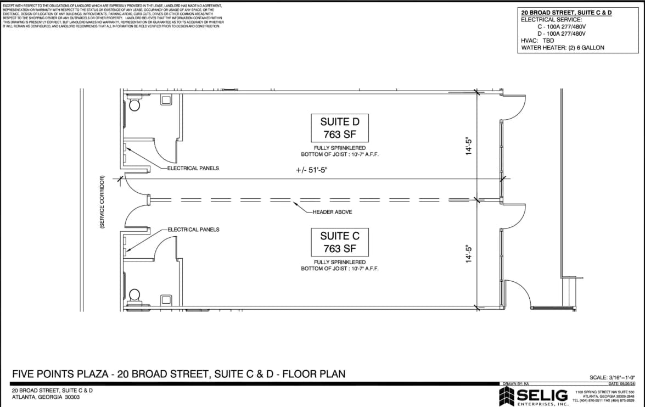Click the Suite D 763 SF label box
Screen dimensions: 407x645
(340, 128)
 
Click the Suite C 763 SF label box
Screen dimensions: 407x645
(340, 242)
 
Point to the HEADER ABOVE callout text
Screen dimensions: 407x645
(332, 212)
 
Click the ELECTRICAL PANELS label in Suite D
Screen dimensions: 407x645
(193, 168)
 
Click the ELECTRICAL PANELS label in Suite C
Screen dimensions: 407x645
(193, 230)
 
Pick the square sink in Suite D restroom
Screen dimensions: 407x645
(166, 99)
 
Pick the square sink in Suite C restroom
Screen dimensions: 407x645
(166, 300)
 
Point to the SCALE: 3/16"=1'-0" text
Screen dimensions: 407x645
(612, 377)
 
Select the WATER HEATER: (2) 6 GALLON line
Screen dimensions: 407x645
(562, 48)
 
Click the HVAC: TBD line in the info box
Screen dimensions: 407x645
(537, 41)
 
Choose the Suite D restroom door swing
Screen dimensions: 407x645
(164, 151)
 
